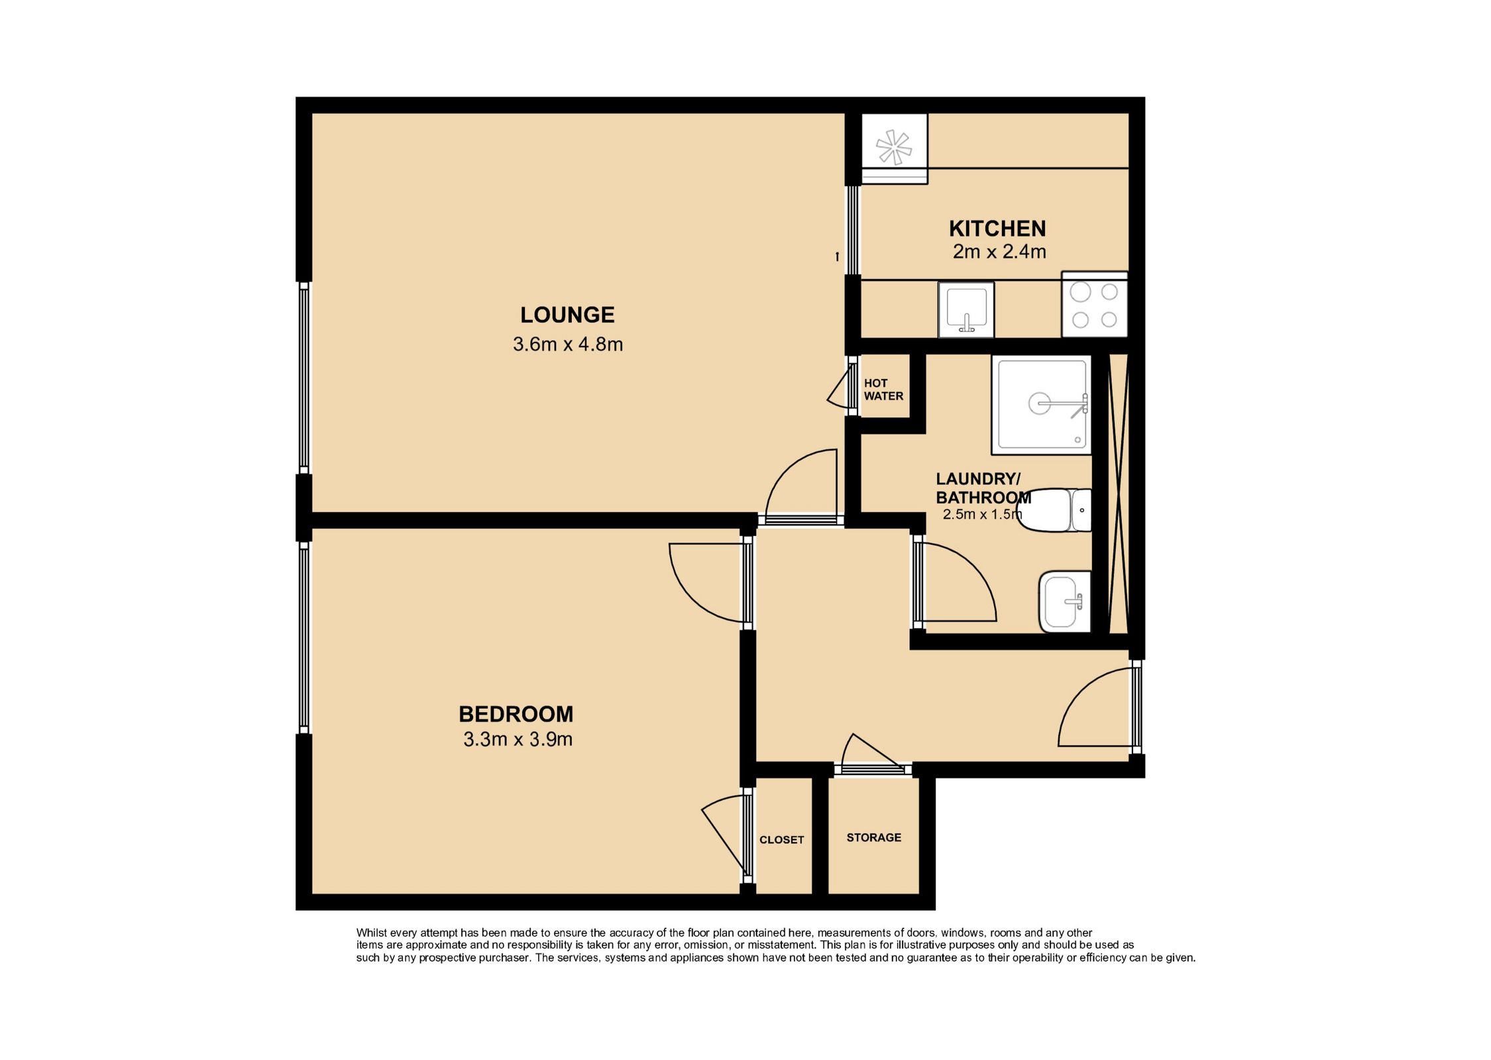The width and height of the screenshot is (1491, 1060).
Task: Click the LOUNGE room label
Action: click(x=567, y=315)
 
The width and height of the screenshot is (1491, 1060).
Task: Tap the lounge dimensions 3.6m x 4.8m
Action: click(x=568, y=344)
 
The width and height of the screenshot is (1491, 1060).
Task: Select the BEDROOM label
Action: click(x=516, y=714)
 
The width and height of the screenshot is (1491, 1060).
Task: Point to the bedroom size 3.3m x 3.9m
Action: click(x=518, y=739)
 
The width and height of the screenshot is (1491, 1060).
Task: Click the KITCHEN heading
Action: click(x=997, y=229)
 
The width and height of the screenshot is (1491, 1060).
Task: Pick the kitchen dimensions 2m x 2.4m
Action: click(x=999, y=252)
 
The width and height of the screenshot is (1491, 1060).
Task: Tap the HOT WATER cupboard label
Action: click(x=883, y=390)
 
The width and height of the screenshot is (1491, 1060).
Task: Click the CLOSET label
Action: click(x=782, y=840)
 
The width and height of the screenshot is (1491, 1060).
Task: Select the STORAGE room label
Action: click(x=874, y=838)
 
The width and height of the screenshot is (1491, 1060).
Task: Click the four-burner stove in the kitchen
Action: click(x=1094, y=305)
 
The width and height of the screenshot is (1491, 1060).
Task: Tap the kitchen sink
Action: click(x=966, y=309)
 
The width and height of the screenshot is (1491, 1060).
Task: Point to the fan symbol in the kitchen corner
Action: click(x=895, y=148)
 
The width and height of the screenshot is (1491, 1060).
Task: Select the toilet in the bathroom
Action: click(x=1054, y=510)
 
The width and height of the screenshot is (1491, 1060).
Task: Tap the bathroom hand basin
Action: click(x=1065, y=602)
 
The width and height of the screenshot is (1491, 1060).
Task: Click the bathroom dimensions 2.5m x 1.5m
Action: click(x=983, y=514)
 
